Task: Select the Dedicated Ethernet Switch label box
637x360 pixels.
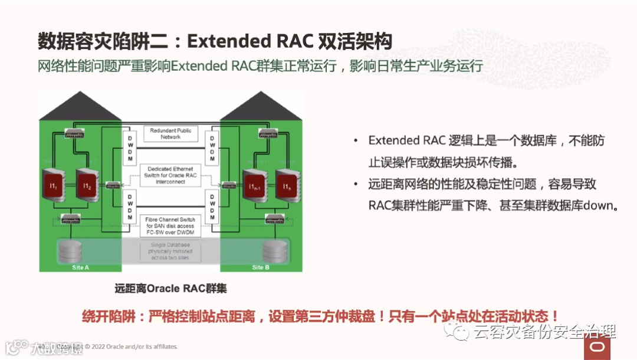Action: point(170,175)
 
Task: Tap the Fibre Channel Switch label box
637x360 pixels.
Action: point(170,226)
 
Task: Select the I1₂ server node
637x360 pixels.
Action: point(87,186)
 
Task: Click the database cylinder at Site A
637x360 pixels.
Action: point(70,252)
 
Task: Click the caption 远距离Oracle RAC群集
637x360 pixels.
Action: point(170,289)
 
